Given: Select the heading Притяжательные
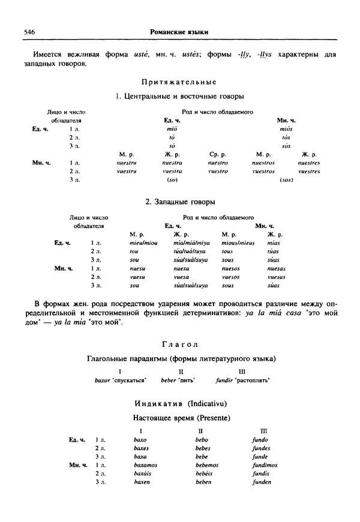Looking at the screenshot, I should (x=178, y=82).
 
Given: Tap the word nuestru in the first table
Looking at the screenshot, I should (x=127, y=163).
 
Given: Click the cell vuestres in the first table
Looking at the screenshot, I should (x=309, y=171).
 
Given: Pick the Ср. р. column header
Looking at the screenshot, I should (x=218, y=154).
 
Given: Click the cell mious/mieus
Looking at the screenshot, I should (x=238, y=242).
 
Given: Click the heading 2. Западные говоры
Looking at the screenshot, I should (x=179, y=202).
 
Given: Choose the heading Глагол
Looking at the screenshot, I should (x=179, y=344).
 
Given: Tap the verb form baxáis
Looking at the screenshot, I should (x=143, y=473).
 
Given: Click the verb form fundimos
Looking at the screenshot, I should (x=265, y=464).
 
